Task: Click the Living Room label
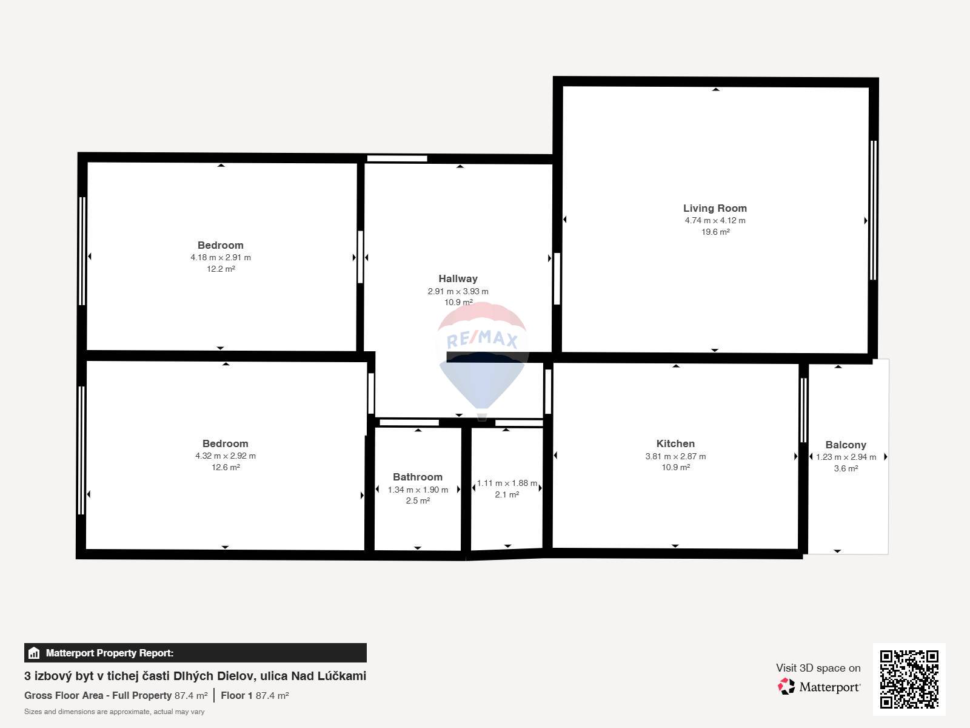tap(715, 208)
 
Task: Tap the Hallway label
tap(458, 279)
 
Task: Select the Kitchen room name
tap(675, 444)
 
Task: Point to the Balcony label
tap(846, 445)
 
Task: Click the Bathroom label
tap(418, 477)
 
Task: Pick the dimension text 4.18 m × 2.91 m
tap(221, 258)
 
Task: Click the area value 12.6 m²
tap(226, 468)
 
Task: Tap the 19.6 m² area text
tap(715, 232)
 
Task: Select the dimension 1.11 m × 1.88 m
tap(507, 484)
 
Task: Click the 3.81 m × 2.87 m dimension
tap(675, 457)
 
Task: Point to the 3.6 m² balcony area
tap(846, 468)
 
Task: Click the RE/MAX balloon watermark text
tap(482, 340)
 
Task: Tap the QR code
tap(909, 679)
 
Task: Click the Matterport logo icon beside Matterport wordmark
tap(786, 687)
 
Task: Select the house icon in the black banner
tap(34, 653)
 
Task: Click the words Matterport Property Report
tap(110, 653)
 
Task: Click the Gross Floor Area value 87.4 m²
tap(191, 696)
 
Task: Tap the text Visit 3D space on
tap(818, 669)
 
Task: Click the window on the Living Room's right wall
tap(873, 211)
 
